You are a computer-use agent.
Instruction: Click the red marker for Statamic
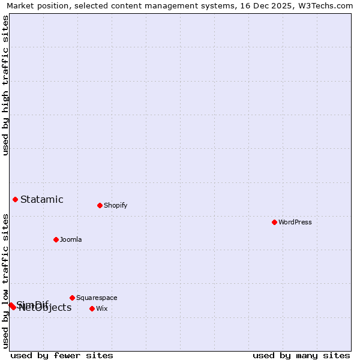click(15, 199)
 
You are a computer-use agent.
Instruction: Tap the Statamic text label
click(41, 200)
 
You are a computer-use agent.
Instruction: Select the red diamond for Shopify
click(100, 205)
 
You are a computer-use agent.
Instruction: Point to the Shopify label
click(115, 205)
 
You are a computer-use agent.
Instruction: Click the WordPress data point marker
click(274, 222)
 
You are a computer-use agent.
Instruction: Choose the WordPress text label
click(295, 222)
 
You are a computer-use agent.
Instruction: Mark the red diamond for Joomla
click(56, 239)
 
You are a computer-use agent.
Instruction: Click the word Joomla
click(71, 239)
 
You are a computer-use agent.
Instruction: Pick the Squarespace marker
click(72, 298)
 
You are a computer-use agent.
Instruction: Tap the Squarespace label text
click(97, 298)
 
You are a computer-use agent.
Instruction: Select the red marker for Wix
click(92, 308)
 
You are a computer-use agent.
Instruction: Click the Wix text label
click(102, 308)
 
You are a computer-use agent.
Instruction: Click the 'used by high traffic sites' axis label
click(5, 85)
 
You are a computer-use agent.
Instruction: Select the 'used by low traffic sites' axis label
click(5, 281)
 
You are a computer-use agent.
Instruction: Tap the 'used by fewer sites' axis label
click(62, 355)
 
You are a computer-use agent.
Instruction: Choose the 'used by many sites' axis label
click(301, 355)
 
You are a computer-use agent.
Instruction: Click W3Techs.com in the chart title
click(328, 5)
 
